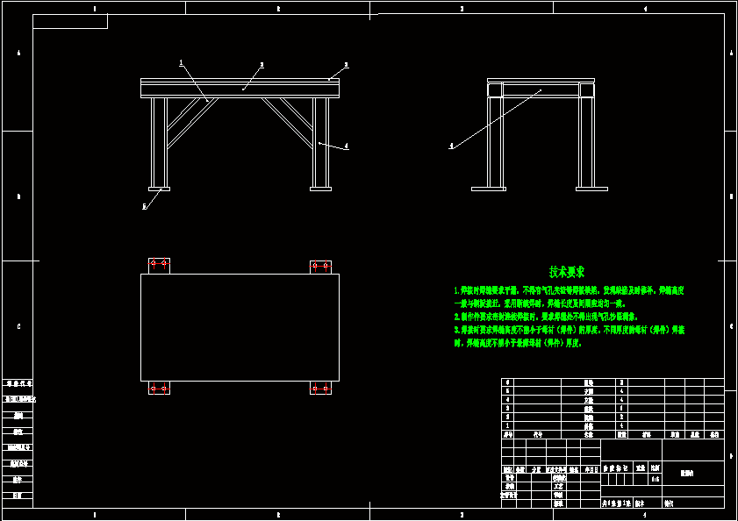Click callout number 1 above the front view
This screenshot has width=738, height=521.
point(181,62)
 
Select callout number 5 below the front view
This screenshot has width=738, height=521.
point(144,207)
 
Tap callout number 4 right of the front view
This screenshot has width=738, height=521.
point(347,146)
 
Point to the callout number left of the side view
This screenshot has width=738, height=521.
point(451,146)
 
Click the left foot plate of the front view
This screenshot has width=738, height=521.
point(159,188)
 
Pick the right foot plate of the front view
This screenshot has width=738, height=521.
point(320,188)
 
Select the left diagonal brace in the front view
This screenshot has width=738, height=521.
point(187,120)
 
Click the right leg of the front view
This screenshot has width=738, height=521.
point(320,140)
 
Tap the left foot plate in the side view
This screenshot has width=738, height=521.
point(489,188)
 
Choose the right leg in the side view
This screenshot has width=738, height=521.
point(586,140)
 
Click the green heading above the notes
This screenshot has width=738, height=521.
point(567,272)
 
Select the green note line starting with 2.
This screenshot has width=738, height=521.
point(545,316)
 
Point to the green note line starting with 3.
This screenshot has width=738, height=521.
point(569,330)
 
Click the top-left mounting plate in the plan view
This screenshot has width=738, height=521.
point(159,265)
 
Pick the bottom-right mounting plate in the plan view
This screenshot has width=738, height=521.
point(320,388)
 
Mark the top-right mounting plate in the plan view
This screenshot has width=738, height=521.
point(320,266)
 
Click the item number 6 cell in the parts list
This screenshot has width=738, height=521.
point(507,382)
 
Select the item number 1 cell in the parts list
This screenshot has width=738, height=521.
point(507,425)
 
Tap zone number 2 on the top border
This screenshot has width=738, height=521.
point(278,9)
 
